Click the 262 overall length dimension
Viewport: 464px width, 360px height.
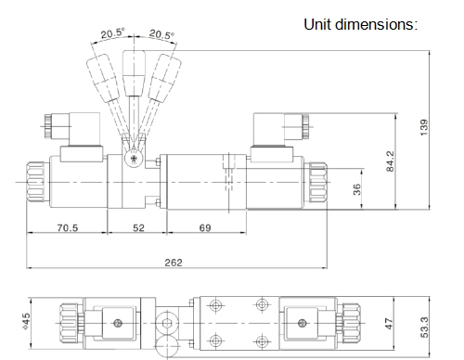coord(174,263)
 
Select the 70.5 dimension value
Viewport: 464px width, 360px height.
coord(68,228)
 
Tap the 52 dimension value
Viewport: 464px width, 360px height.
coord(138,228)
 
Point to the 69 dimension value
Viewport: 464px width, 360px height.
coord(205,228)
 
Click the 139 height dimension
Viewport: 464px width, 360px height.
coord(424,127)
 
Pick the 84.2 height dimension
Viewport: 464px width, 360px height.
coord(391,161)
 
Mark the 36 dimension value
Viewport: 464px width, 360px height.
coord(356,189)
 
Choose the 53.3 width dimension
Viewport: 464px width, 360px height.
coord(424,328)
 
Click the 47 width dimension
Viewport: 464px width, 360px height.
coord(389,324)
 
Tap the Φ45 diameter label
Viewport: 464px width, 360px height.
coord(27,321)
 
